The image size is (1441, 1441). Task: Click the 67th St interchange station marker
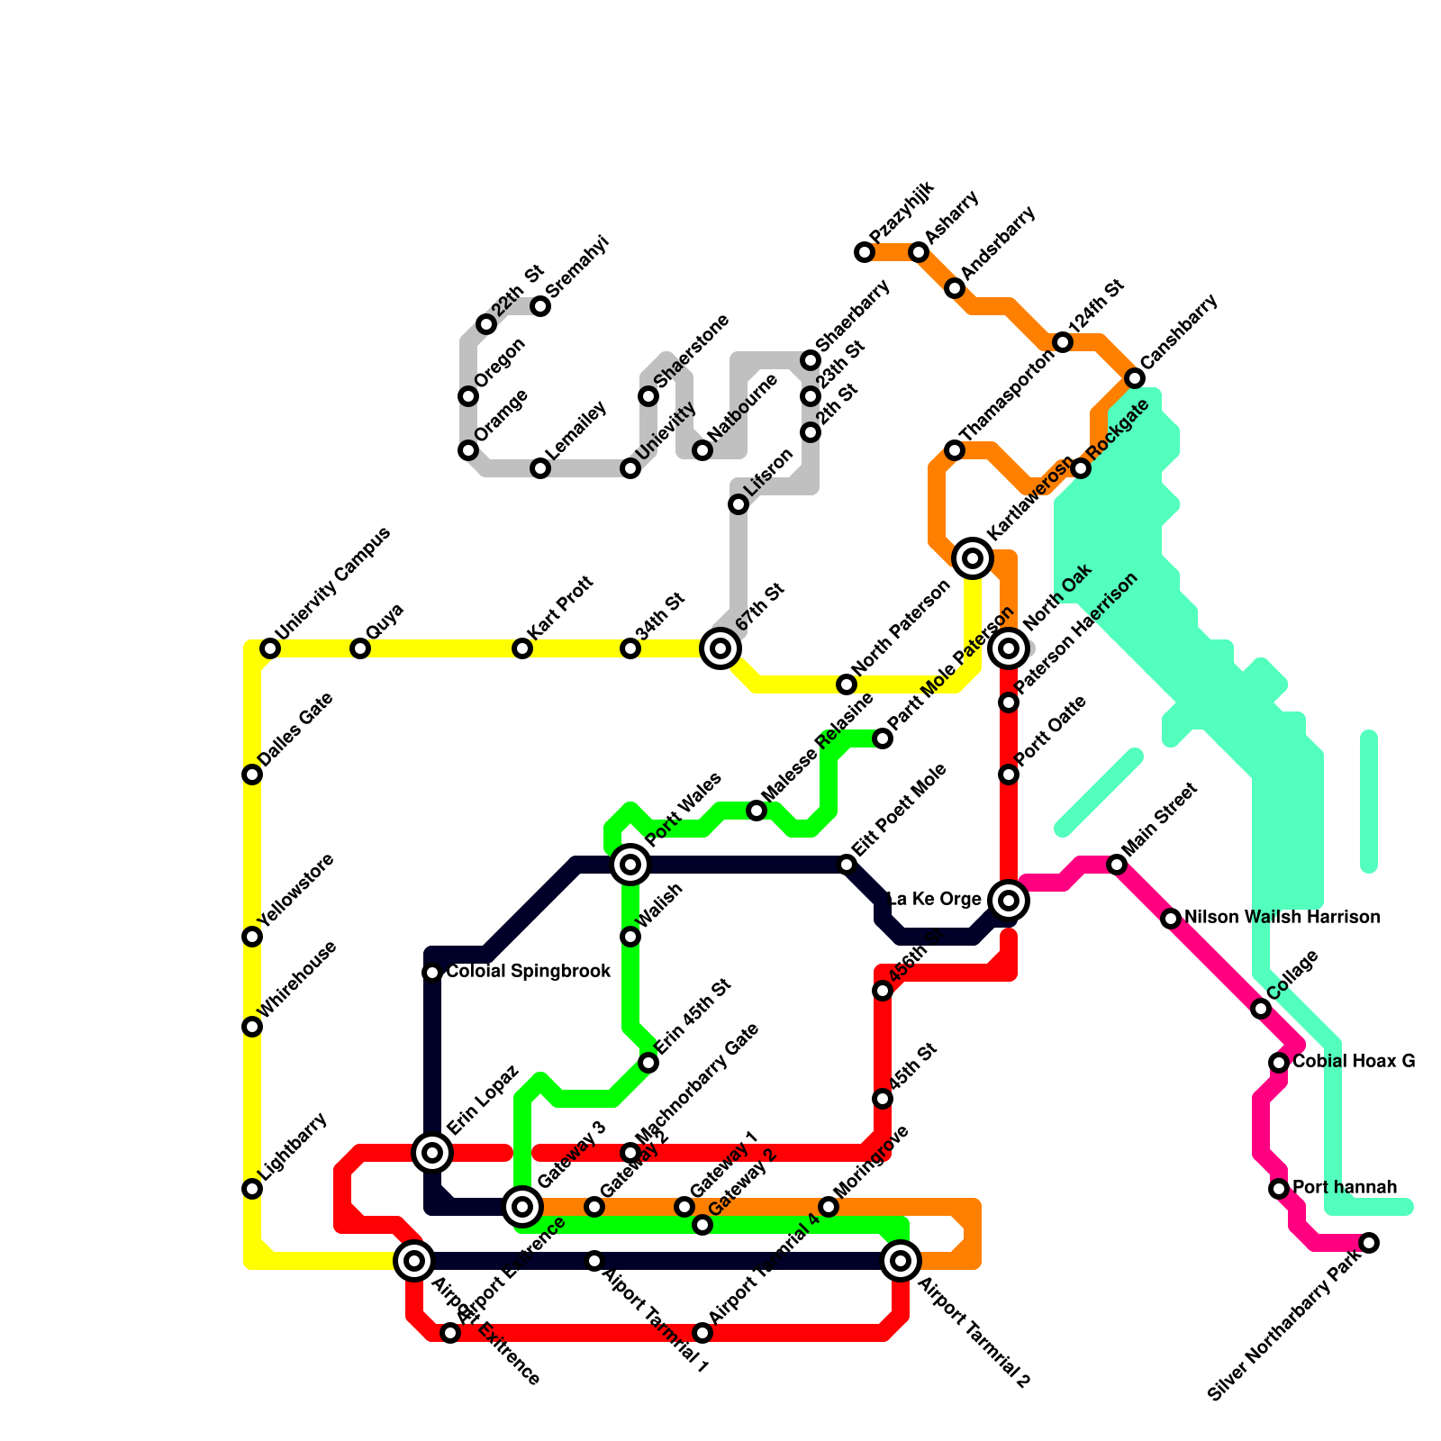pyautogui.click(x=720, y=648)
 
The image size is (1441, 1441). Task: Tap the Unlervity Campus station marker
pyautogui.click(x=269, y=648)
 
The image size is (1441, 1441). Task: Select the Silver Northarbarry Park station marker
pyautogui.click(x=1369, y=1243)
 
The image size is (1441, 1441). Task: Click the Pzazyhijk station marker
pyautogui.click(x=865, y=252)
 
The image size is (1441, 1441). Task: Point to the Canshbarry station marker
pyautogui.click(x=1135, y=377)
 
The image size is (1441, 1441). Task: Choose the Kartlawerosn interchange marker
pyautogui.click(x=973, y=558)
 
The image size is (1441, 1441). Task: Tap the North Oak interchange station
pyautogui.click(x=1009, y=648)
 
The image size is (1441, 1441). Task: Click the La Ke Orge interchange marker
pyautogui.click(x=1009, y=900)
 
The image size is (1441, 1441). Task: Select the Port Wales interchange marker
pyautogui.click(x=630, y=865)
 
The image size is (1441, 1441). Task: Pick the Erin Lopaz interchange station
pyautogui.click(x=432, y=1152)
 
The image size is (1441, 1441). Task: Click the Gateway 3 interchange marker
pyautogui.click(x=522, y=1205)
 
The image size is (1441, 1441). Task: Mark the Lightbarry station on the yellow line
pyautogui.click(x=252, y=1189)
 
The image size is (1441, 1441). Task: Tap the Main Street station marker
pyautogui.click(x=1117, y=865)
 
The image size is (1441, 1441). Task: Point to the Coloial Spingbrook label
pyautogui.click(x=529, y=972)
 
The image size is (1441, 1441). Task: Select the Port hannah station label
pyautogui.click(x=1345, y=1187)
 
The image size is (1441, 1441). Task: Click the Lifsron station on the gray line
pyautogui.click(x=739, y=504)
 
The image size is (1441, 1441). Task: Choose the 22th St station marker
pyautogui.click(x=486, y=324)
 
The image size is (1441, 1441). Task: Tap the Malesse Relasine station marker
pyautogui.click(x=757, y=811)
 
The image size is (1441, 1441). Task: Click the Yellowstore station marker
pyautogui.click(x=252, y=937)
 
